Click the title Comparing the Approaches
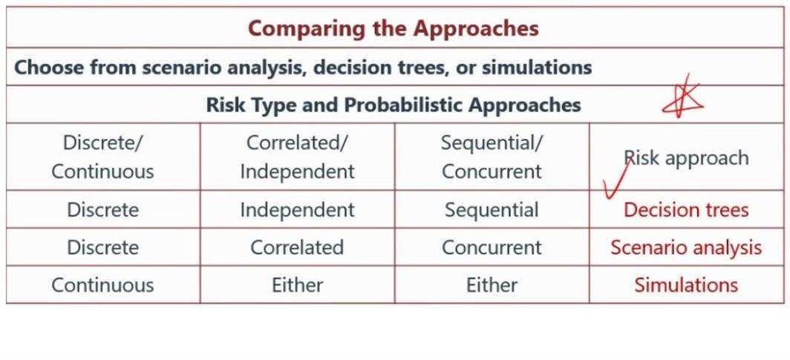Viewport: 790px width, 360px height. click(394, 28)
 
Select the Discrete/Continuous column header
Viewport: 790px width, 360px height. click(102, 157)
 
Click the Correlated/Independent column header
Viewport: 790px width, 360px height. click(297, 157)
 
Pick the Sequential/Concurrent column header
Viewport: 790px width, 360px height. click(492, 157)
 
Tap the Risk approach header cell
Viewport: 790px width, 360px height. click(687, 158)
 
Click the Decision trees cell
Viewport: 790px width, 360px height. click(686, 210)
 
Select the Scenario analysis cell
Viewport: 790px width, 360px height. click(686, 248)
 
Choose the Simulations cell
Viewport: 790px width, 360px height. click(686, 285)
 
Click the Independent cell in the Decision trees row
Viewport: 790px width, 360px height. click(297, 210)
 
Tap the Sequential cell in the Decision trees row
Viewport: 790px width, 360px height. click(492, 210)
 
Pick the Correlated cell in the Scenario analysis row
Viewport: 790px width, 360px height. click(297, 248)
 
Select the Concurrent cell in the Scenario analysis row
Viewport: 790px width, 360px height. click(492, 248)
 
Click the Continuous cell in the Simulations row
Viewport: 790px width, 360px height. click(102, 285)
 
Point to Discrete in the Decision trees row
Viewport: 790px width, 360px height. click(102, 210)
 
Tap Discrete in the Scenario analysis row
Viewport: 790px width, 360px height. click(102, 248)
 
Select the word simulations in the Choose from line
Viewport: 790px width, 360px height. click(537, 68)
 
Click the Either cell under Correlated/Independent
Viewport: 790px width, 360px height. click(297, 285)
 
